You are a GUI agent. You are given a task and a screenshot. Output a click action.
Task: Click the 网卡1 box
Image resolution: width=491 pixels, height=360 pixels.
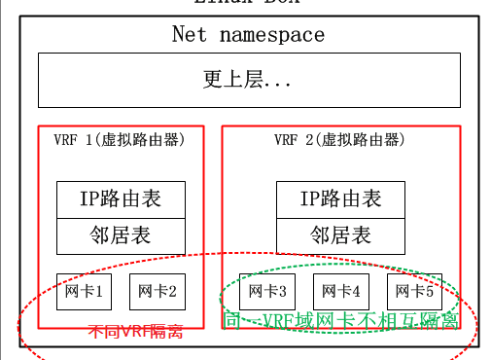(x=84, y=291)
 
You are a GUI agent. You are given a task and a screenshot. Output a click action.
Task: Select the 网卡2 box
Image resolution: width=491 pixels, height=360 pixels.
(x=157, y=291)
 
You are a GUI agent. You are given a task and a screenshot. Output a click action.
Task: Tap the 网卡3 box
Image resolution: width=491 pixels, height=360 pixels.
(x=266, y=291)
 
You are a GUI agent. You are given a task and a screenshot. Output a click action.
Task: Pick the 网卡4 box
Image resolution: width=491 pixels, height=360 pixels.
(x=340, y=291)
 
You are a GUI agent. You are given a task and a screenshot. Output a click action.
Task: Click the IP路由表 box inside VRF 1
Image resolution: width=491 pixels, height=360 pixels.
(x=121, y=200)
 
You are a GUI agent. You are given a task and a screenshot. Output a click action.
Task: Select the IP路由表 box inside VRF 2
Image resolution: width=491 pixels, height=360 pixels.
(x=340, y=200)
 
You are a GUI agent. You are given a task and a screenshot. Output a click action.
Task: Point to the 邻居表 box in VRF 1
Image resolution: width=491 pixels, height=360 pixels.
(x=121, y=235)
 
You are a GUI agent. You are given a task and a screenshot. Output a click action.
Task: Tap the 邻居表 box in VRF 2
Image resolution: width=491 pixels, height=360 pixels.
(x=340, y=235)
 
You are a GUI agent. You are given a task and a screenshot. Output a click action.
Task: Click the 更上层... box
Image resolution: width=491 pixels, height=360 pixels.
(x=248, y=81)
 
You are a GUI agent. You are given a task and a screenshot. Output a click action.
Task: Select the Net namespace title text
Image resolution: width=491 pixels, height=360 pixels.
(x=248, y=36)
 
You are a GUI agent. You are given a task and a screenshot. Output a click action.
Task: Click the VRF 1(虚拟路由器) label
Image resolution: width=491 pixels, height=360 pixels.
(x=120, y=139)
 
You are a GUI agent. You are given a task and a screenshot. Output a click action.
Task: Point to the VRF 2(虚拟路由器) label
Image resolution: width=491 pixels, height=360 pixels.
(x=339, y=139)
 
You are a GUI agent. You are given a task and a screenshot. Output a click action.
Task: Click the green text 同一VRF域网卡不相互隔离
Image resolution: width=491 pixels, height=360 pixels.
(x=341, y=321)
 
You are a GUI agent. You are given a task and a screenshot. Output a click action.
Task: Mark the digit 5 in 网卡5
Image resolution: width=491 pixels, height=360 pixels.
(x=430, y=291)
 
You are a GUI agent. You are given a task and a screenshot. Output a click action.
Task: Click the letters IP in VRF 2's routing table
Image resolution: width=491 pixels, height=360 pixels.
(x=310, y=200)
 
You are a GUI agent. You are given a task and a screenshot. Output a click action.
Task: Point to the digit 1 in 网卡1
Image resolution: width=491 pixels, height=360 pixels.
(x=99, y=291)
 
